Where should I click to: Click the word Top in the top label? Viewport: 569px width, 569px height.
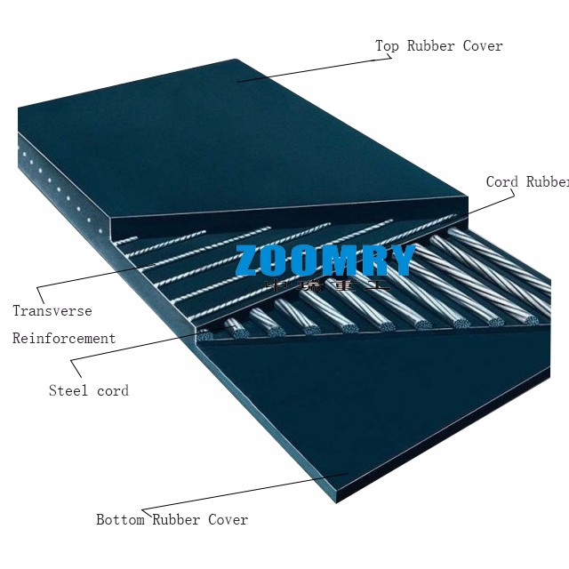click(387, 45)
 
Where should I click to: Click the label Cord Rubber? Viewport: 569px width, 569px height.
click(526, 181)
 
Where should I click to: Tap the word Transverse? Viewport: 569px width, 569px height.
click(52, 311)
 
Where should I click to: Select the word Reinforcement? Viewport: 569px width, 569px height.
click(64, 339)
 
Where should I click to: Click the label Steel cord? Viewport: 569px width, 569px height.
click(88, 390)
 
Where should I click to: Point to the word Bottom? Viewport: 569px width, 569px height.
click(120, 519)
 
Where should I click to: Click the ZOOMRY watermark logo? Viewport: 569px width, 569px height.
click(325, 260)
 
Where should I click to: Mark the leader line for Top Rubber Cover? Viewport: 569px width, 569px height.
click(311, 70)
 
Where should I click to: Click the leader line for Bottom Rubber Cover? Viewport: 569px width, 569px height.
click(240, 494)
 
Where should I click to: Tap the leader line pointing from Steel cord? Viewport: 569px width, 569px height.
click(133, 347)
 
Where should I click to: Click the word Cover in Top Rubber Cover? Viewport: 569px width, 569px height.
click(483, 45)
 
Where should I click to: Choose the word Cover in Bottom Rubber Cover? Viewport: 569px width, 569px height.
click(228, 519)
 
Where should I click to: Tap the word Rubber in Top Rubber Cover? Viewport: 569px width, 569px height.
click(432, 45)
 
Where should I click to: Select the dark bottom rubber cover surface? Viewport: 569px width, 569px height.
click(356, 409)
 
